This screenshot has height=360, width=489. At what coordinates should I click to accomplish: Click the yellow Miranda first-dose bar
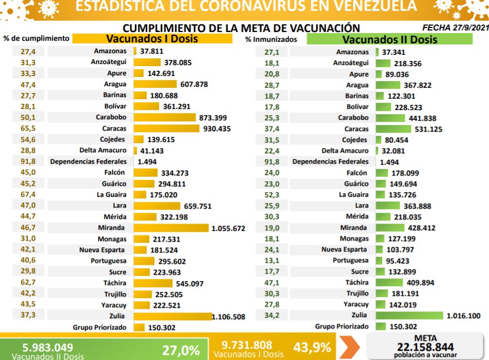point(171,228)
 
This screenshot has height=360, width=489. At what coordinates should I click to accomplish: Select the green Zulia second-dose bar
point(409,316)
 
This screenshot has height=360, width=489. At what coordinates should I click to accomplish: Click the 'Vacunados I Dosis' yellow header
point(152,39)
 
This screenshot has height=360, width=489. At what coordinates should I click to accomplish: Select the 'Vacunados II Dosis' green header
point(390,39)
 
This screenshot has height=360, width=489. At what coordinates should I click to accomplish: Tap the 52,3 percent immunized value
point(272,195)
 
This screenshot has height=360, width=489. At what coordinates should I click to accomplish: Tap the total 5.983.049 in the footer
point(47,348)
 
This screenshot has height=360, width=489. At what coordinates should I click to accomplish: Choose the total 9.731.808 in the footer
point(246,345)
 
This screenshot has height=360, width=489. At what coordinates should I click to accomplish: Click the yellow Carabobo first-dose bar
point(165,118)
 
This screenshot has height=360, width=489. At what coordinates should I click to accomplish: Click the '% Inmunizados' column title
point(271,39)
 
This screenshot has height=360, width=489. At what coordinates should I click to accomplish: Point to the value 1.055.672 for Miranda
point(228,228)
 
